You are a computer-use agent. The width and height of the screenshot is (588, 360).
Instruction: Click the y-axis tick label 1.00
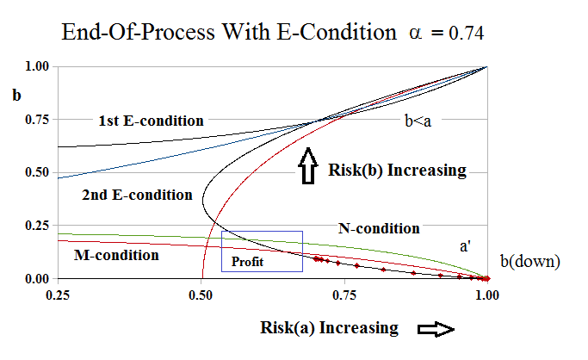[38, 66]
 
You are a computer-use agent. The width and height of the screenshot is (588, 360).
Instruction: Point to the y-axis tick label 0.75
[38, 120]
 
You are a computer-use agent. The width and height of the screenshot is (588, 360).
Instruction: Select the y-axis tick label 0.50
[38, 173]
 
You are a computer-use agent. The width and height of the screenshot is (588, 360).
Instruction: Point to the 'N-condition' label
[379, 228]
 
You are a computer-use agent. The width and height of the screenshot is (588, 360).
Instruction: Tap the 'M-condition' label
[116, 255]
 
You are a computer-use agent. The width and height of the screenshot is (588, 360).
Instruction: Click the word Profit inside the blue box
[246, 262]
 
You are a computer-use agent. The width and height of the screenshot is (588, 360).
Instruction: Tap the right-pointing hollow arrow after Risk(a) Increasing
[435, 328]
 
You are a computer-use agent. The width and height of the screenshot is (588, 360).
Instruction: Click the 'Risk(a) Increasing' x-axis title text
[329, 328]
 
